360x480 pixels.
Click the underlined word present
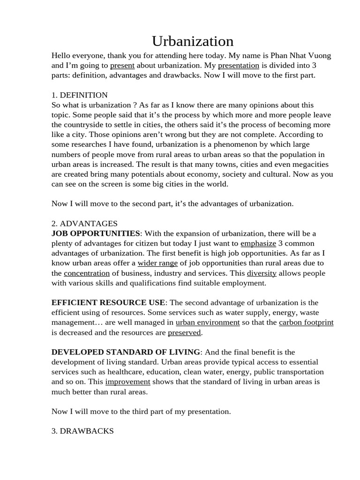(122, 66)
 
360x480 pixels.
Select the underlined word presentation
(239, 66)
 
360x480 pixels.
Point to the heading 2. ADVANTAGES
(84, 224)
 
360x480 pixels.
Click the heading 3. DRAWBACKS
(82, 431)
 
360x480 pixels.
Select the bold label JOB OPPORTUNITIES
(96, 233)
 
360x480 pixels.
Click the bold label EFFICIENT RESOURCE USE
(108, 303)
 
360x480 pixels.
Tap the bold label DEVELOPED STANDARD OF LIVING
(126, 352)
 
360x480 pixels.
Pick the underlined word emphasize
(258, 243)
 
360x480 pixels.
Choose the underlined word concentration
(87, 273)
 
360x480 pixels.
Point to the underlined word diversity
(262, 273)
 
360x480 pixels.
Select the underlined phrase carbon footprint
(306, 322)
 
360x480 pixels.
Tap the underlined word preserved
(185, 332)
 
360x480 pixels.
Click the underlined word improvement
(127, 382)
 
